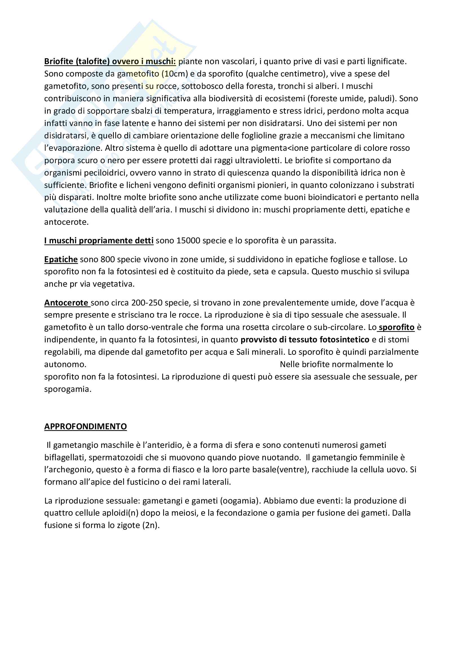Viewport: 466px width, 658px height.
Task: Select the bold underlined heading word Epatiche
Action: [61, 259]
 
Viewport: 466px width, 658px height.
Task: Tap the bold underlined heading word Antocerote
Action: [66, 303]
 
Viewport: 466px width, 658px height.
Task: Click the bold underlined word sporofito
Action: [397, 327]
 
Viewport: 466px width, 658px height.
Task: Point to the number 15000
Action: [188, 241]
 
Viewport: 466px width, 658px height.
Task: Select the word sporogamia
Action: [68, 389]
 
